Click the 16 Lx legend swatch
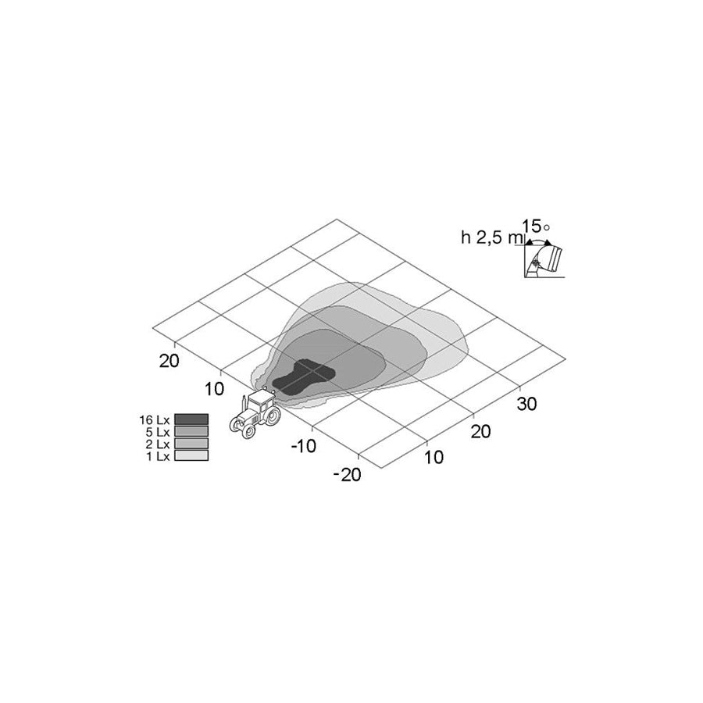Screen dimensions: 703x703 (x=191, y=419)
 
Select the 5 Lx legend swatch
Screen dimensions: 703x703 (x=191, y=431)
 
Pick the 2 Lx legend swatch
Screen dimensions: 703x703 (x=191, y=444)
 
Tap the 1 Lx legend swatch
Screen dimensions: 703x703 (x=191, y=455)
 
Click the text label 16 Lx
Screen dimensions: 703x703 (x=155, y=420)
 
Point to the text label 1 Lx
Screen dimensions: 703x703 (x=158, y=456)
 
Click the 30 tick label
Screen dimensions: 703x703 (x=526, y=404)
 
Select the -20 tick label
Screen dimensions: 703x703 (x=347, y=475)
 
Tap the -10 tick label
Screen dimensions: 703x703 (x=304, y=446)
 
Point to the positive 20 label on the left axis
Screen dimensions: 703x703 (x=170, y=360)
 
